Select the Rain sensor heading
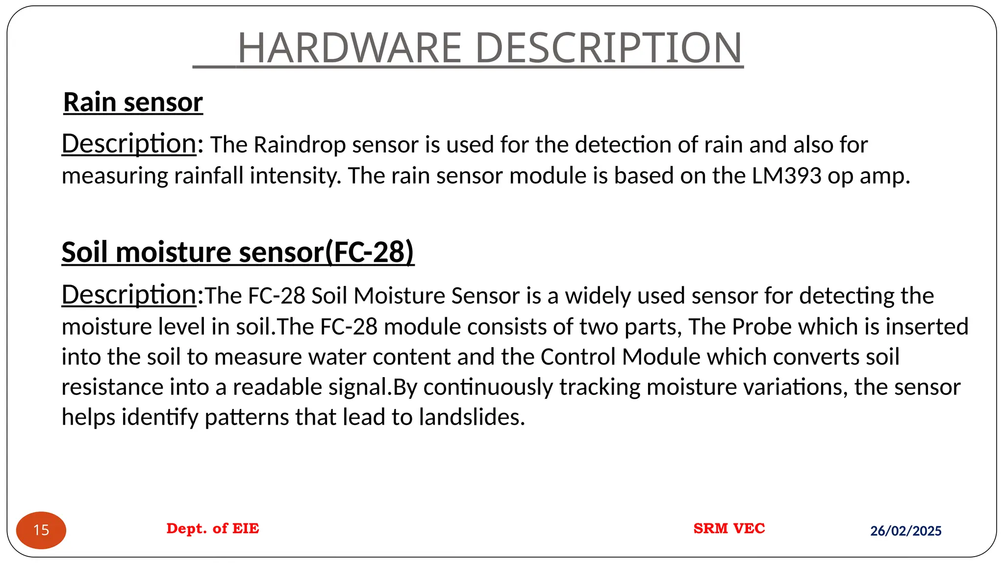[133, 102]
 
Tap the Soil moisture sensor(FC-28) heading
[238, 252]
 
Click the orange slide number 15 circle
[41, 530]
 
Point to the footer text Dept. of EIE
[213, 528]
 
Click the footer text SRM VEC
[729, 528]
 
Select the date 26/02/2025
[905, 531]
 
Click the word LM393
[786, 176]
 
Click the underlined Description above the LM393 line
[129, 144]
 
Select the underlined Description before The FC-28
[129, 295]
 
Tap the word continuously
[488, 387]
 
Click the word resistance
[112, 387]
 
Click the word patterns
[247, 417]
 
